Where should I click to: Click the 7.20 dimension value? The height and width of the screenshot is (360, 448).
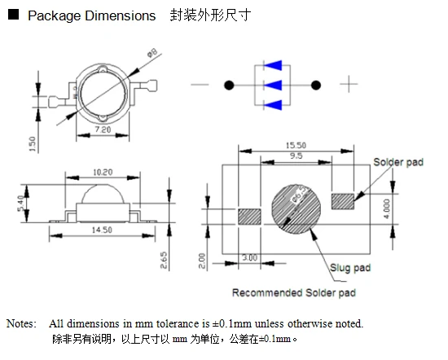tap(103, 130)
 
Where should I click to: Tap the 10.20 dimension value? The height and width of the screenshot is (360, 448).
tap(103, 173)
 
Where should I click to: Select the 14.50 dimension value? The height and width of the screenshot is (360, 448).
tap(102, 230)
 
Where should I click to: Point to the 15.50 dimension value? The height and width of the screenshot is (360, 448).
tap(296, 146)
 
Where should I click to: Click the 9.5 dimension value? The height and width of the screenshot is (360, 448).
tap(296, 156)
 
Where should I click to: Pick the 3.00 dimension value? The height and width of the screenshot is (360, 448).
tap(250, 257)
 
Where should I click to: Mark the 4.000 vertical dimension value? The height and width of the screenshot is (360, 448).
tap(386, 209)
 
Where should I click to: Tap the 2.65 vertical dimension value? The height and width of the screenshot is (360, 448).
tap(164, 260)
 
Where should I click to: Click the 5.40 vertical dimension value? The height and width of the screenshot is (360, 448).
tap(20, 203)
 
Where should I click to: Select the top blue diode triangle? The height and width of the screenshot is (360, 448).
tap(273, 65)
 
